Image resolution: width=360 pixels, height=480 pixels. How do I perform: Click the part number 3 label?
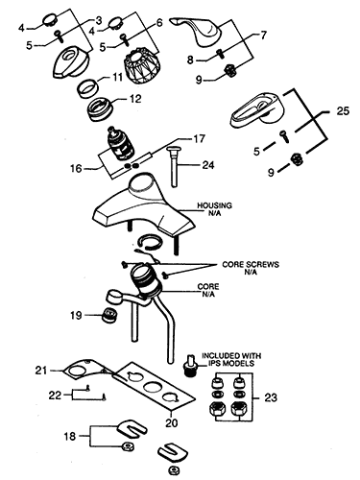97,20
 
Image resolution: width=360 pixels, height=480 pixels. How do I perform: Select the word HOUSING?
215,206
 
